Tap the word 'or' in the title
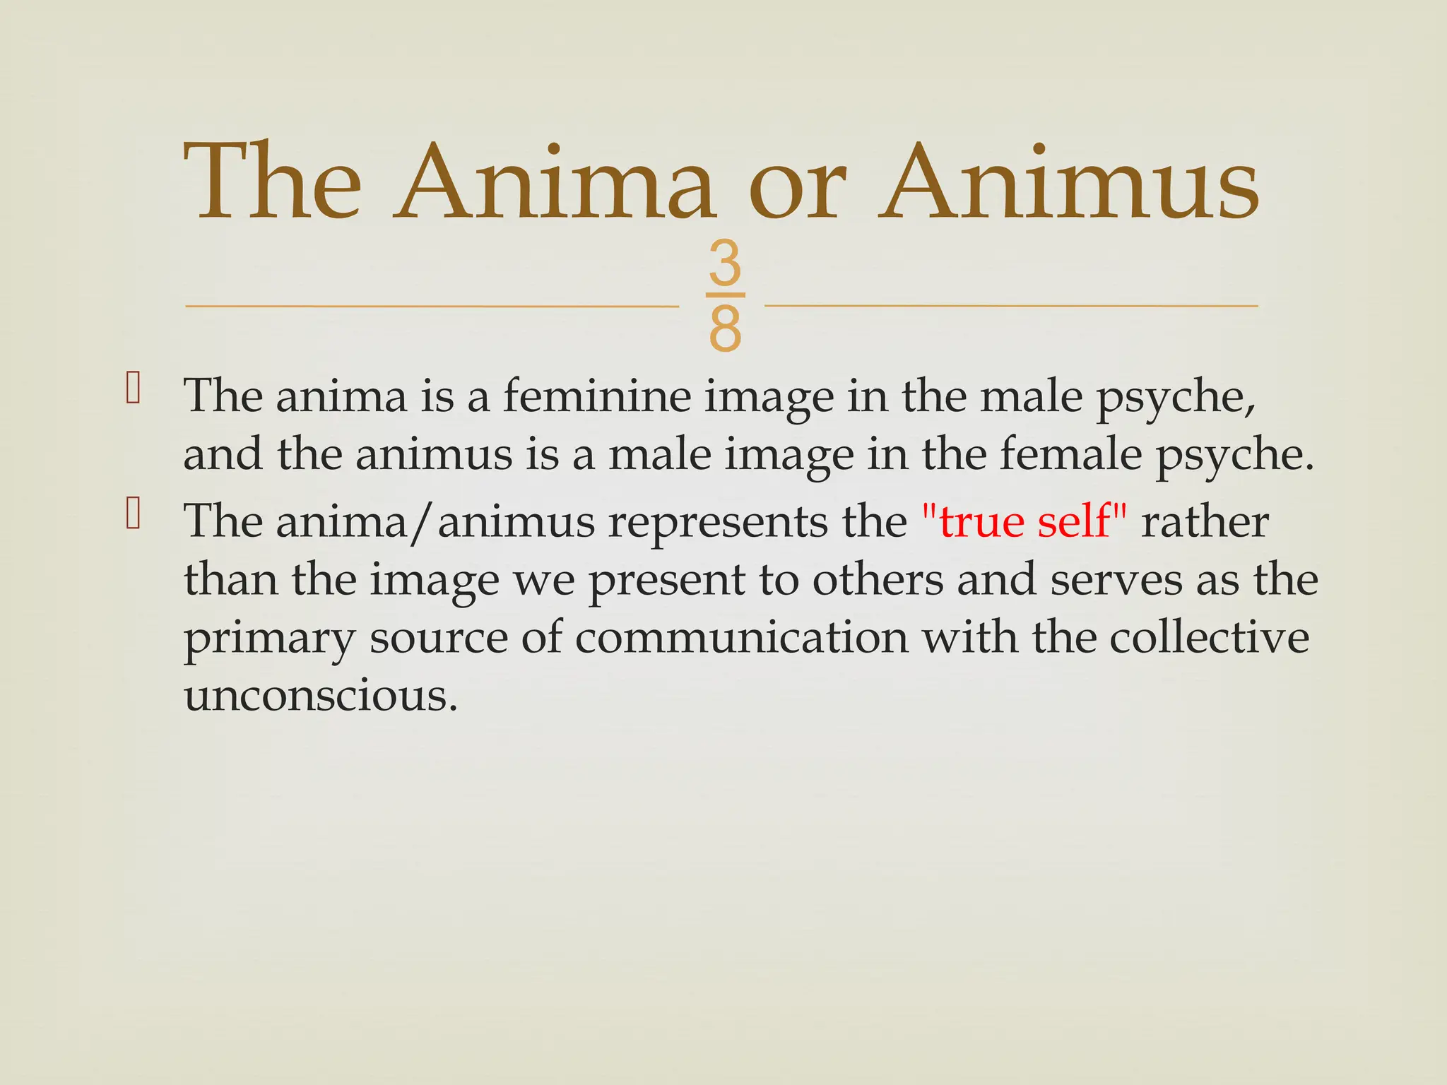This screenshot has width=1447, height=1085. tap(796, 189)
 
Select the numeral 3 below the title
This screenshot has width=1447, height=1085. tap(725, 263)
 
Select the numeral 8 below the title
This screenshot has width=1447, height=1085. tap(725, 328)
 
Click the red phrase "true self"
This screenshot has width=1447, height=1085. tap(1024, 522)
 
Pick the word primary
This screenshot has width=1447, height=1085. tap(269, 640)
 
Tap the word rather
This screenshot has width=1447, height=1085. tap(1205, 522)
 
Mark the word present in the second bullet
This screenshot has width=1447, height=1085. tap(666, 581)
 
